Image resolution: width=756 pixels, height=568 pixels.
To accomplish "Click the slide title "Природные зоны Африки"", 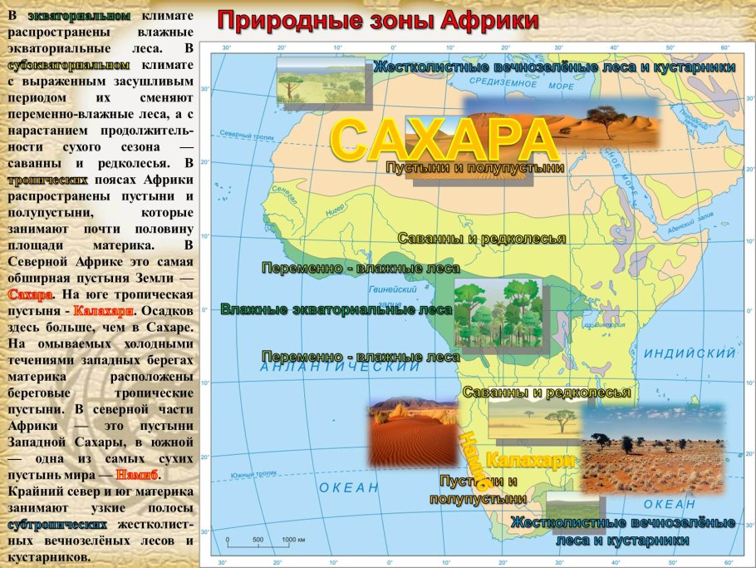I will pyautogui.click(x=379, y=21).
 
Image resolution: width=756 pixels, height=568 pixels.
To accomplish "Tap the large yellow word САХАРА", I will pyautogui.click(x=444, y=140).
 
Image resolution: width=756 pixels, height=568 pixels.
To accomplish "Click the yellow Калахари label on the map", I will pyautogui.click(x=529, y=460).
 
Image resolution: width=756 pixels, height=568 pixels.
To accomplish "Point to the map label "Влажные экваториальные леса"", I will pyautogui.click(x=336, y=309).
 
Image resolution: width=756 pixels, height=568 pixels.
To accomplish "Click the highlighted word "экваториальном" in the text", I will pyautogui.click(x=79, y=16).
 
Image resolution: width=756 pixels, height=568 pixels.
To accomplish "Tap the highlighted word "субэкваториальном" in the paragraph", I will pyautogui.click(x=69, y=64).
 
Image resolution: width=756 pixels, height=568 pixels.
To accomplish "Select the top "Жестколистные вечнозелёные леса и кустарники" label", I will pyautogui.click(x=554, y=67).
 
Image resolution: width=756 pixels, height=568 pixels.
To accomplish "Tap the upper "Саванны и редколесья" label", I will pyautogui.click(x=482, y=239).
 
